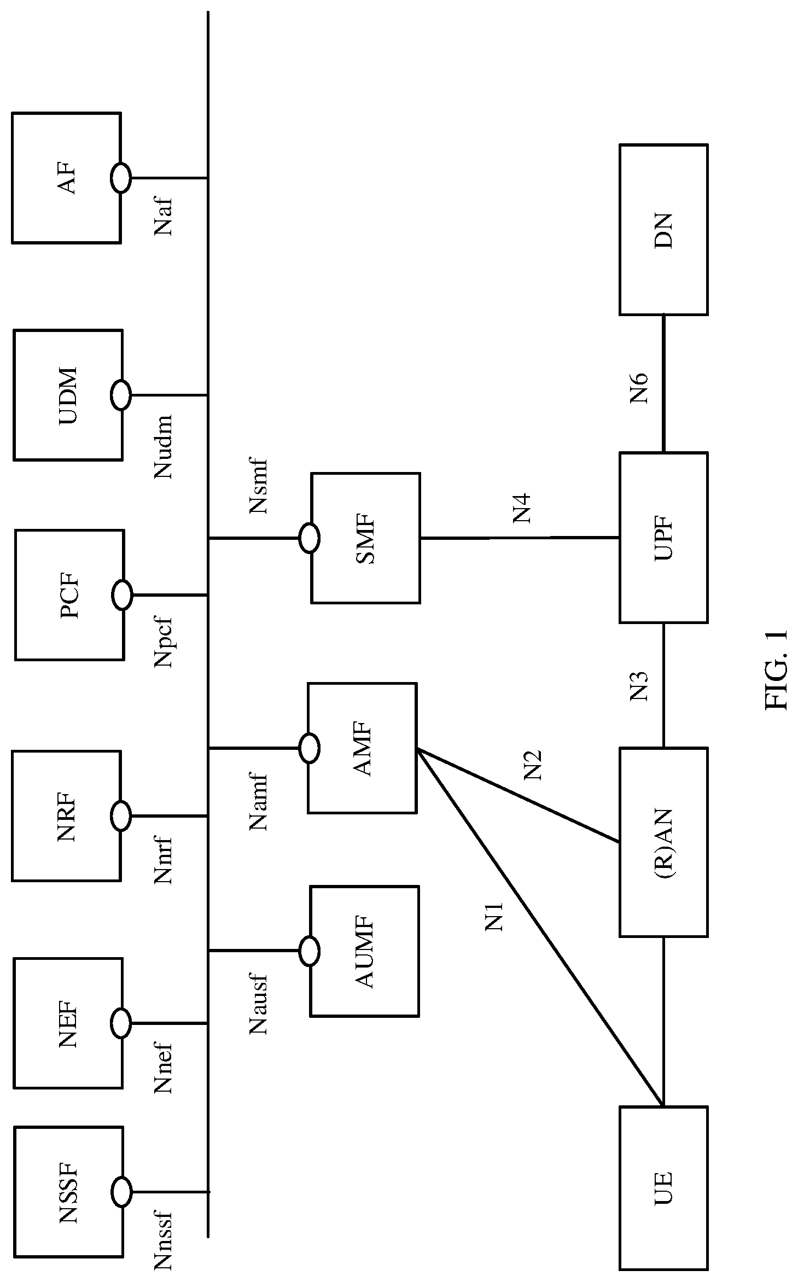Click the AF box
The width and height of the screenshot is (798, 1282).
pos(66,178)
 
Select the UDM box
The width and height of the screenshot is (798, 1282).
pos(68,395)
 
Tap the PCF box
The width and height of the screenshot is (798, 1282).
pos(69,595)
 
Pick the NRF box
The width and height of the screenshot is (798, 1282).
pos(66,816)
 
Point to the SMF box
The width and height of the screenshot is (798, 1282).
pos(365,538)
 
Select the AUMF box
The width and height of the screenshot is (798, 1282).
pos(364,951)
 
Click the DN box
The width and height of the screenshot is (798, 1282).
pos(663,230)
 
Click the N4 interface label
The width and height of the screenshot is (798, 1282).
pos(522,508)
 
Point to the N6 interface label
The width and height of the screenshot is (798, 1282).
pos(639,388)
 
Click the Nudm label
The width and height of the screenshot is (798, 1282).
pos(164,446)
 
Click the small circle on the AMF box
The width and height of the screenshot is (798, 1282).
pos(309,748)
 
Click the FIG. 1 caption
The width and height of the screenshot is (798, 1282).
pos(777,670)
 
